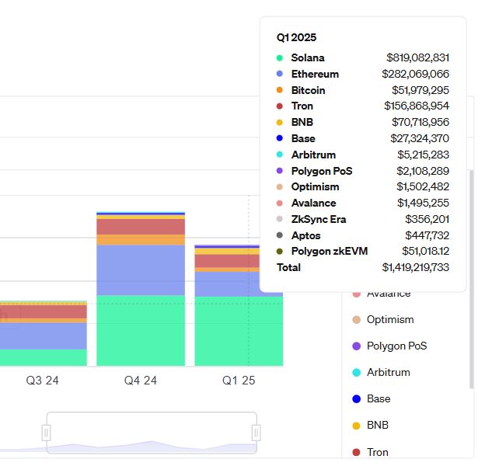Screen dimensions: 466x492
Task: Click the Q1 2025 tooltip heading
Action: [296, 37]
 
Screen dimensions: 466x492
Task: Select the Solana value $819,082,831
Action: [417, 57]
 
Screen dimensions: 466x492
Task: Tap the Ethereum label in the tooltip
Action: [315, 74]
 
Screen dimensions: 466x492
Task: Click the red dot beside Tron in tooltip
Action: [280, 106]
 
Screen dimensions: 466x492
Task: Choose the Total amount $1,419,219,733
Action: [415, 267]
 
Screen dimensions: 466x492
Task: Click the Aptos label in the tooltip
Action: [305, 235]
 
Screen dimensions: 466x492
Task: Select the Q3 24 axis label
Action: [42, 381]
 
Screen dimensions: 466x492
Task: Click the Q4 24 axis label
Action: [141, 381]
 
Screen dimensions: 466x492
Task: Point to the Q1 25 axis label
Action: [239, 381]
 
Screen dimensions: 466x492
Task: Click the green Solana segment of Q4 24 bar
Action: [141, 330]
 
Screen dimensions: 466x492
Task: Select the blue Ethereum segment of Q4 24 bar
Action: [141, 270]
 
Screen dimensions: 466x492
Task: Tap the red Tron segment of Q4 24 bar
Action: [141, 227]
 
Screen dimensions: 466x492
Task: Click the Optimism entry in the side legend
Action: [389, 319]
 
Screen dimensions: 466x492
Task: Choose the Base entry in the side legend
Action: [378, 398]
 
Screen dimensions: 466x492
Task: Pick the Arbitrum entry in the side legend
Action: [388, 372]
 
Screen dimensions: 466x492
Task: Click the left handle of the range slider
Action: [47, 433]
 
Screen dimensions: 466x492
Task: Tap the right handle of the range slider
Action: [256, 433]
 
